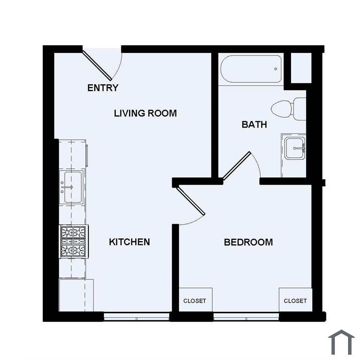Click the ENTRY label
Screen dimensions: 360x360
103,88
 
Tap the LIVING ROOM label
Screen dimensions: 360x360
146,113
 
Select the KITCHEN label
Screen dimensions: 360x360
129,242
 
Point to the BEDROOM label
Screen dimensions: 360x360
248,242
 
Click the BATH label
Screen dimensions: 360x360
254,124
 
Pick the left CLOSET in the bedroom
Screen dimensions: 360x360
195,300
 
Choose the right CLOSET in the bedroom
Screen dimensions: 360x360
296,300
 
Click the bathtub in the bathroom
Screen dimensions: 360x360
251,69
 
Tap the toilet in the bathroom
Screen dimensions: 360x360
289,109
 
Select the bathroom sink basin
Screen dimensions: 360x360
295,148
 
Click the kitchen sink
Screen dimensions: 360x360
71,187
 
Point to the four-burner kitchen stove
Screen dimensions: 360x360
74,241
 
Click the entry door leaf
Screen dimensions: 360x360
97,66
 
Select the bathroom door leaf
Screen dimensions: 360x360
237,165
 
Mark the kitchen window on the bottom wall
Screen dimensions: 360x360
137,316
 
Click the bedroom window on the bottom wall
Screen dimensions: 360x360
246,316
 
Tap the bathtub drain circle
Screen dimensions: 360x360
276,69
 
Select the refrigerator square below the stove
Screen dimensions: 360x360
76,295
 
